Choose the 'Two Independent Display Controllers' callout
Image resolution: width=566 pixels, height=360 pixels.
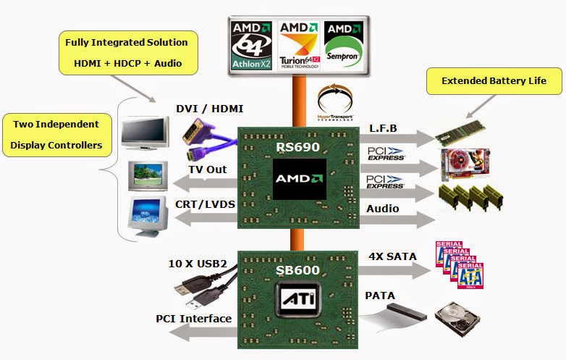pyautogui.click(x=56, y=135)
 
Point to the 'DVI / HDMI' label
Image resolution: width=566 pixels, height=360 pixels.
pyautogui.click(x=210, y=109)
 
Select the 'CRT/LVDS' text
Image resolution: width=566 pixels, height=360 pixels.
pyautogui.click(x=206, y=204)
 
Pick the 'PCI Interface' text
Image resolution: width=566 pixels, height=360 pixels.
pyautogui.click(x=193, y=319)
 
